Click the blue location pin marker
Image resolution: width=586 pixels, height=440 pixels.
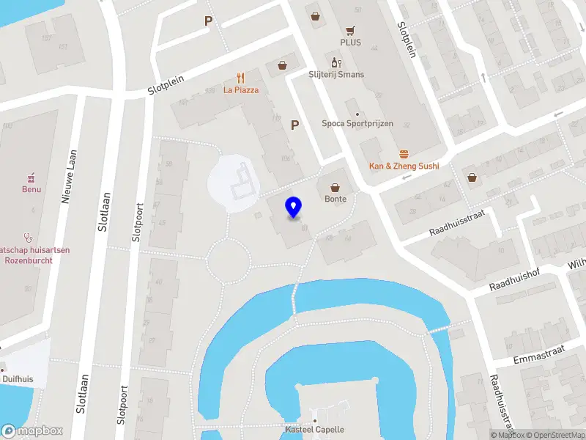pyautogui.click(x=294, y=208)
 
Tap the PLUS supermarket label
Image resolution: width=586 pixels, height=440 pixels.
pyautogui.click(x=352, y=43)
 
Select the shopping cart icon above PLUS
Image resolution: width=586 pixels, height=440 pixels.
pyautogui.click(x=352, y=30)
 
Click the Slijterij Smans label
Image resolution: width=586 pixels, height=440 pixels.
pyautogui.click(x=336, y=75)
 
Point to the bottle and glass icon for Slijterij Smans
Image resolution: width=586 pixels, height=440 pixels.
pyautogui.click(x=336, y=63)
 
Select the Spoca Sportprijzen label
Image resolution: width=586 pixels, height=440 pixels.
pyautogui.click(x=357, y=124)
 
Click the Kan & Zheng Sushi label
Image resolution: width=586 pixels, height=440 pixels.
pyautogui.click(x=404, y=166)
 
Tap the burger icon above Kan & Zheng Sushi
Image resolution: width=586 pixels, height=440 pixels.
pyautogui.click(x=404, y=154)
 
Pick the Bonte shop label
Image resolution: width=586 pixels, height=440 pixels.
pyautogui.click(x=336, y=199)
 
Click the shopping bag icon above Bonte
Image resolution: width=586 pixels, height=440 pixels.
pyautogui.click(x=336, y=186)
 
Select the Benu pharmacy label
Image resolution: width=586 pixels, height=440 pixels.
pyautogui.click(x=31, y=189)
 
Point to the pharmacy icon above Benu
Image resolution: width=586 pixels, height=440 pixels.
pyautogui.click(x=31, y=177)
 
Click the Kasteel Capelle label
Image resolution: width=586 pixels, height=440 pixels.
pyautogui.click(x=314, y=430)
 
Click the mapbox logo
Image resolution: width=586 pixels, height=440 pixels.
pyautogui.click(x=32, y=430)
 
